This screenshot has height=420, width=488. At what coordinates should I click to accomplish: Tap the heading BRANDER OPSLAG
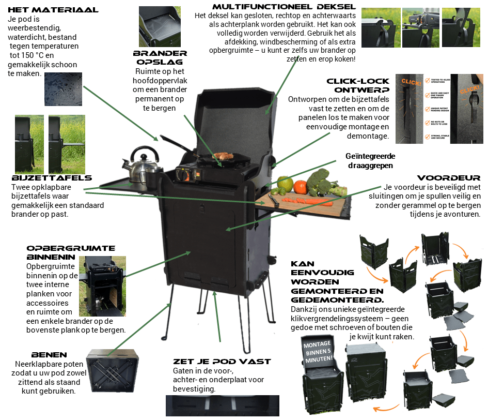(x=160, y=58)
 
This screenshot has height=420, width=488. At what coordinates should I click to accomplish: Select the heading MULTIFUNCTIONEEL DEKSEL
(x=284, y=7)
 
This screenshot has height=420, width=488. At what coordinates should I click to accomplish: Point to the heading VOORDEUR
(x=449, y=177)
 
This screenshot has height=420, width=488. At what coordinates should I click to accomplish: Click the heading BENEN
(x=49, y=355)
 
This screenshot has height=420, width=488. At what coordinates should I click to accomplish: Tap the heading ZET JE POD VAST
(x=222, y=362)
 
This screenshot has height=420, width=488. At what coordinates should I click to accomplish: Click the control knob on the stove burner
(x=182, y=176)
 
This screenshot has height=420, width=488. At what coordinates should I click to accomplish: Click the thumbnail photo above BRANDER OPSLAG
(x=160, y=26)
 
